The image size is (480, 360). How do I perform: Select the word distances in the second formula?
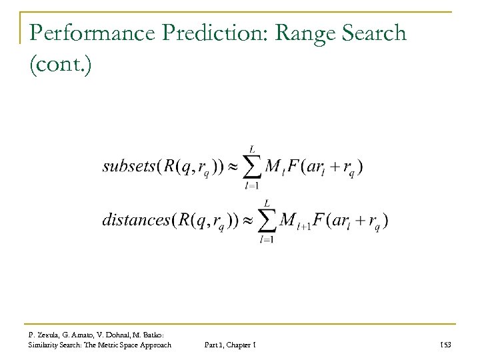tap(135, 220)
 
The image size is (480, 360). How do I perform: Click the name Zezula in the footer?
tap(51, 333)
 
